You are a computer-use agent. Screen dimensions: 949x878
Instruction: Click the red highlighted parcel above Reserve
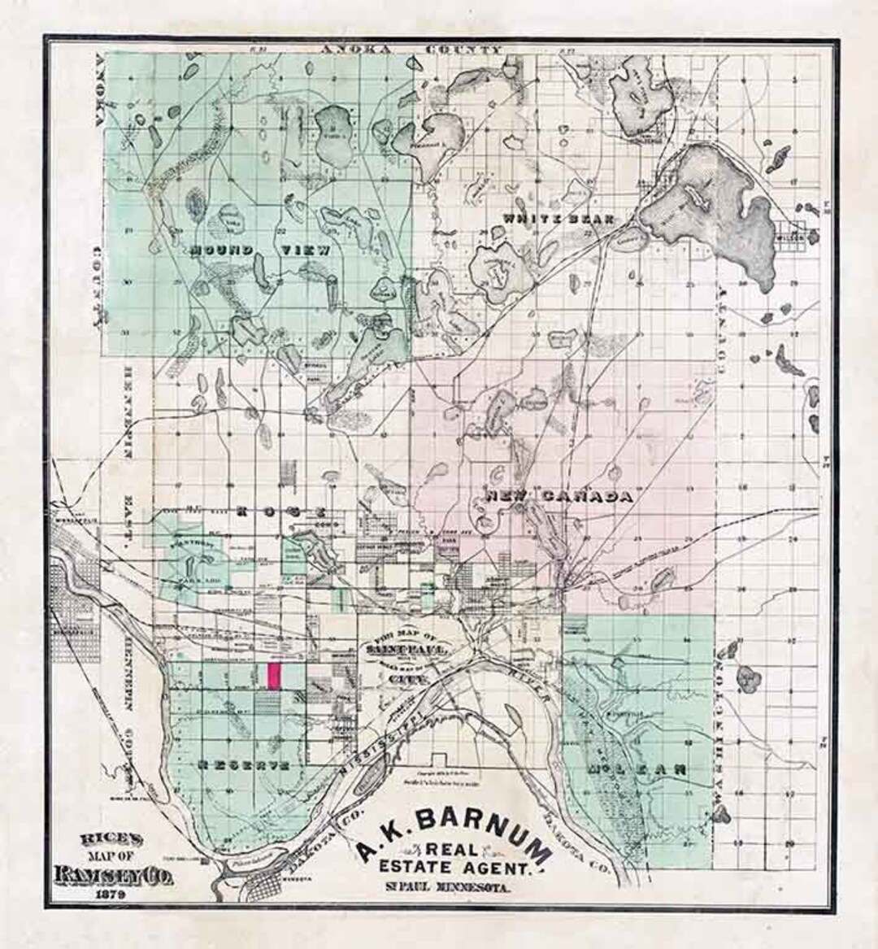point(275,677)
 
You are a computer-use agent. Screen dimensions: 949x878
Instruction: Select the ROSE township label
point(280,512)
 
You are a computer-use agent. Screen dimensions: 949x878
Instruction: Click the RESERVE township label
point(242,766)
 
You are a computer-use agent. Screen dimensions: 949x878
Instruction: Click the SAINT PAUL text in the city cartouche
point(396,651)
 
